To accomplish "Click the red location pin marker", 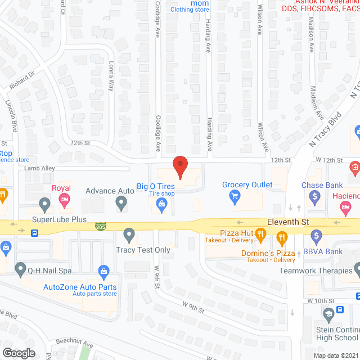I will click(179, 166).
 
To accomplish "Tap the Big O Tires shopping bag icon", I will click(161, 205).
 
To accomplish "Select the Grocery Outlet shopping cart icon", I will click(235, 196).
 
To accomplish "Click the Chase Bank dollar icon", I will click(316, 196).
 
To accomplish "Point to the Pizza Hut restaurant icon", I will click(260, 233).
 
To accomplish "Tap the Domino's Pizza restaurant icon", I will click(281, 241).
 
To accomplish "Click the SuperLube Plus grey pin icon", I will click(45, 204).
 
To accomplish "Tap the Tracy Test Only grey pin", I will click(130, 234).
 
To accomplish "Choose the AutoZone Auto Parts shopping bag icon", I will click(103, 272).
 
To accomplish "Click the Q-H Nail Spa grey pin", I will click(21, 268).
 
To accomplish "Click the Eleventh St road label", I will click(289, 222).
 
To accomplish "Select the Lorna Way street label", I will click(111, 77).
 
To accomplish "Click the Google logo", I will click(18, 353).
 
